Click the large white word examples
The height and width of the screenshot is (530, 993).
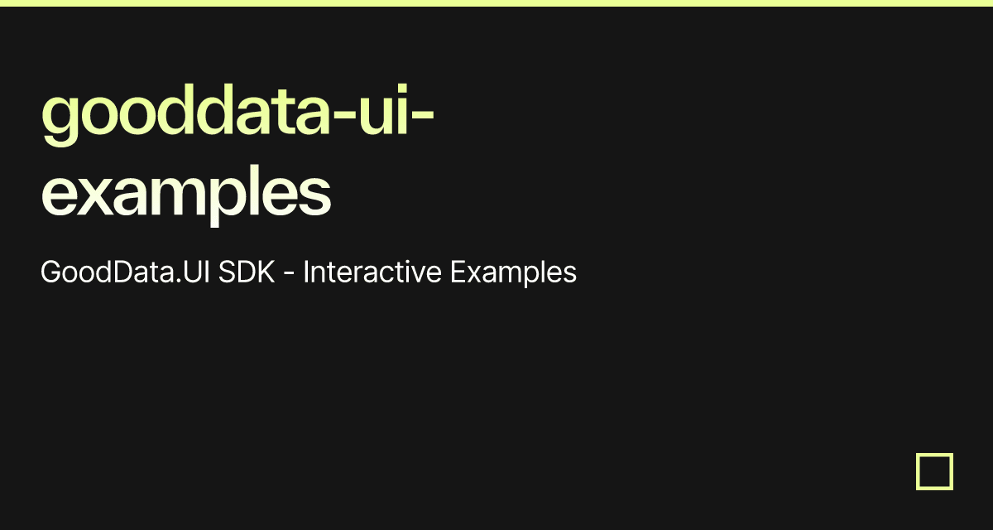[x=186, y=192]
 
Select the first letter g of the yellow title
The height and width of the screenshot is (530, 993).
[x=60, y=121]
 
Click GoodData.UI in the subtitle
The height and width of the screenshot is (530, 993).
[x=125, y=272]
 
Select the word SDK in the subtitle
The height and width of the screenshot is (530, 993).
[x=246, y=272]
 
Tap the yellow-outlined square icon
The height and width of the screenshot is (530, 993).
[x=934, y=471]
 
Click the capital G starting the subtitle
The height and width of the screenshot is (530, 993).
[x=50, y=272]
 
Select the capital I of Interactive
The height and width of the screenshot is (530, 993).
[x=306, y=272]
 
